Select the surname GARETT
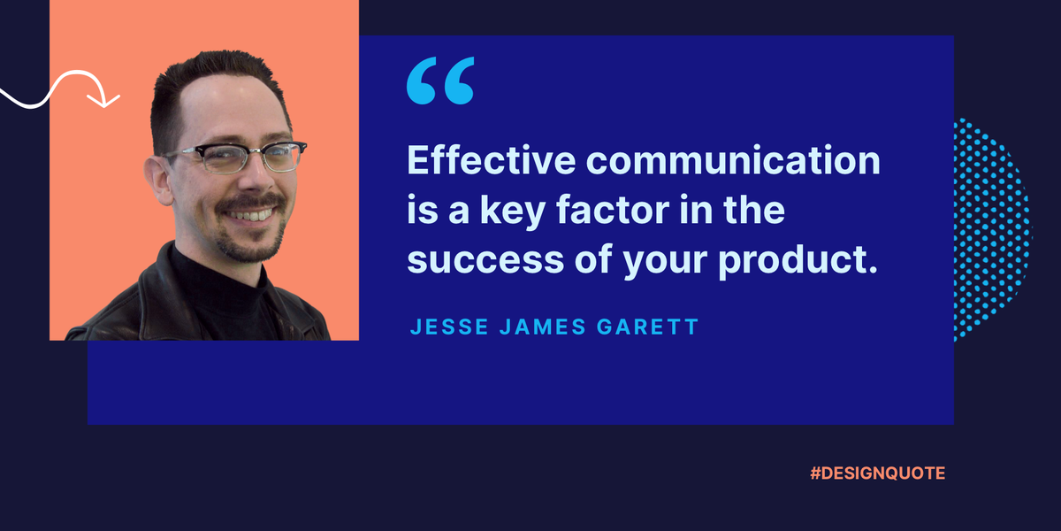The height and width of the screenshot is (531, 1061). click(647, 327)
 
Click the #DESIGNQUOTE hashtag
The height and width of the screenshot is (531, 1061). click(877, 473)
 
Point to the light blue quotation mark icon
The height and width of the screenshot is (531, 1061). click(440, 81)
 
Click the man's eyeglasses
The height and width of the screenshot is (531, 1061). click(235, 158)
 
